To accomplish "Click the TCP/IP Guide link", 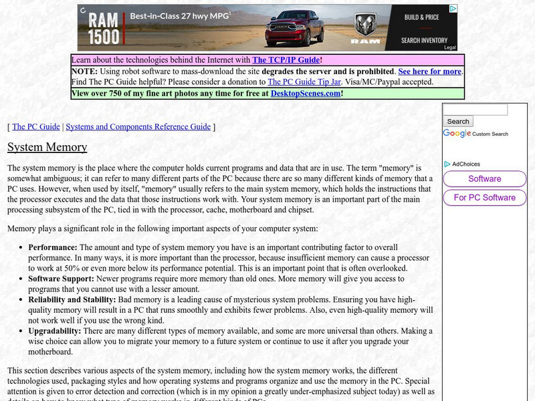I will pos(287,59).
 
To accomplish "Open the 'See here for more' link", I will pos(429,72).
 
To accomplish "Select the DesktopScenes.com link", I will pos(306,94).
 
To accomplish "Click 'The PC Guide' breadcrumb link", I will pos(36,126).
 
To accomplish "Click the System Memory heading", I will pos(47,147).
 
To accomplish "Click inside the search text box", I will pos(475,110).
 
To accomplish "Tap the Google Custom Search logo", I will pos(457,134).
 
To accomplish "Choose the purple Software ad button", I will pos(484,179).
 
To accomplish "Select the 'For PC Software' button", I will pos(484,198).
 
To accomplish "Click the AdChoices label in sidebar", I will pos(465,164).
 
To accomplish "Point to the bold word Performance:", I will pos(53,247).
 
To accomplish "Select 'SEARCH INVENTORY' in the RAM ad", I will pos(424,40).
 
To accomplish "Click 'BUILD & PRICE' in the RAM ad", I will pos(421,17).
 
